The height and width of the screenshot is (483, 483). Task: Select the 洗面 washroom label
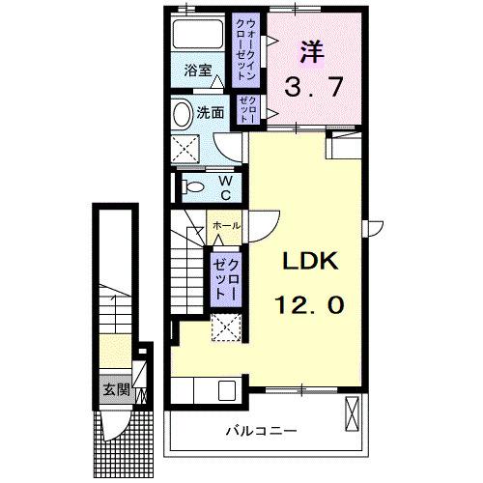point(211,112)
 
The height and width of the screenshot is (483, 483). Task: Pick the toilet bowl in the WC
point(190,186)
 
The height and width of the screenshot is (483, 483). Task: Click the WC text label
point(223,186)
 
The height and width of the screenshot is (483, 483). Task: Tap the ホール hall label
point(226,225)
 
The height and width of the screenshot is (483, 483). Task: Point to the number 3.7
point(309,89)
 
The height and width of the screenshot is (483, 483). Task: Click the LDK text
point(309,263)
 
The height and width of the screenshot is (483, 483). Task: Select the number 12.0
point(309,304)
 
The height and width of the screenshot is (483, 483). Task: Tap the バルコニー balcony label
point(261,430)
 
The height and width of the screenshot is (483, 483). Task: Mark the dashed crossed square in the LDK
point(225,328)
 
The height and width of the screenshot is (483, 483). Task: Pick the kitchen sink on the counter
point(229,391)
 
